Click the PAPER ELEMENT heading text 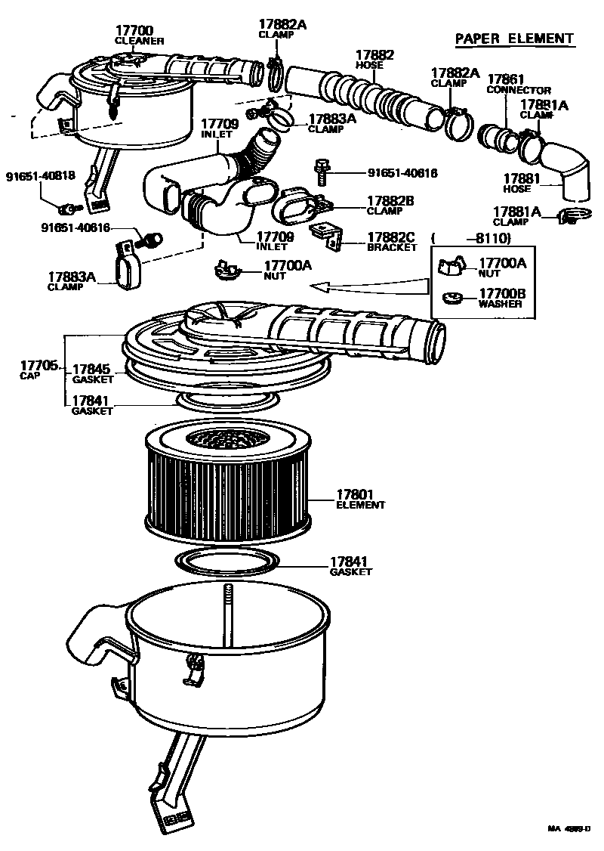tap(515, 39)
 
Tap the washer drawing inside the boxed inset tap(452, 296)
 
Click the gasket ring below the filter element tap(226, 563)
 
